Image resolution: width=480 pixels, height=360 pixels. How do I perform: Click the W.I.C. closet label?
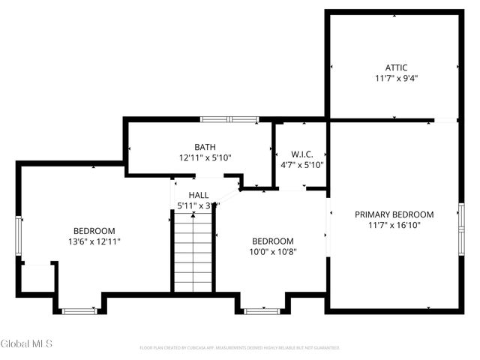click(302, 154)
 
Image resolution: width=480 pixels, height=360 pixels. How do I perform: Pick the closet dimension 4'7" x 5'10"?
click(302, 165)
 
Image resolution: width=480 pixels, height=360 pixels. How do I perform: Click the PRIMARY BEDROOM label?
click(394, 214)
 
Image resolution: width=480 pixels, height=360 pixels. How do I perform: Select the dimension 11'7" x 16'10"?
click(394, 225)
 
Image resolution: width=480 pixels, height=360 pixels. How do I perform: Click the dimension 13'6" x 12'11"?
click(94, 241)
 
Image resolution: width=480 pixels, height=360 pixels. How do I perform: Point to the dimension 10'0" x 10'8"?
click(272, 252)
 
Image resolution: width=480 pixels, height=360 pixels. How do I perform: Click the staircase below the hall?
click(193, 251)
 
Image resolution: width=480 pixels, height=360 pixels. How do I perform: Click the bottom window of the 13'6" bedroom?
click(79, 310)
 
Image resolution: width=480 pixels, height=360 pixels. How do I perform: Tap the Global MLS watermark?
click(27, 344)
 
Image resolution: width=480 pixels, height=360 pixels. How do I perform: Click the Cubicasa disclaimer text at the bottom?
click(240, 348)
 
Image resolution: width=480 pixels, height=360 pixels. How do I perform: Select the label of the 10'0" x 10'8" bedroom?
click(272, 241)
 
